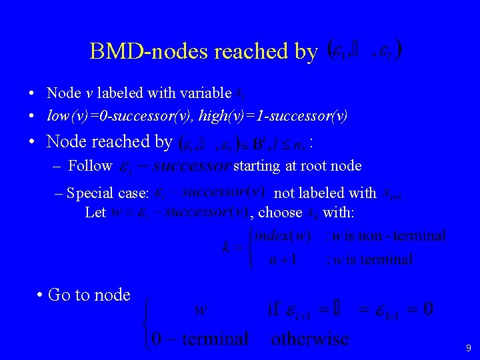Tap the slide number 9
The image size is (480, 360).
point(468,347)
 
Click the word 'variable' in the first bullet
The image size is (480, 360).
point(203,93)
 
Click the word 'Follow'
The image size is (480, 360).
point(91,165)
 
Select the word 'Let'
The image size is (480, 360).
point(95,213)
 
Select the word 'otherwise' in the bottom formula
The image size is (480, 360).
point(309,339)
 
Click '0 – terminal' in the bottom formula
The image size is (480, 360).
point(200,339)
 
